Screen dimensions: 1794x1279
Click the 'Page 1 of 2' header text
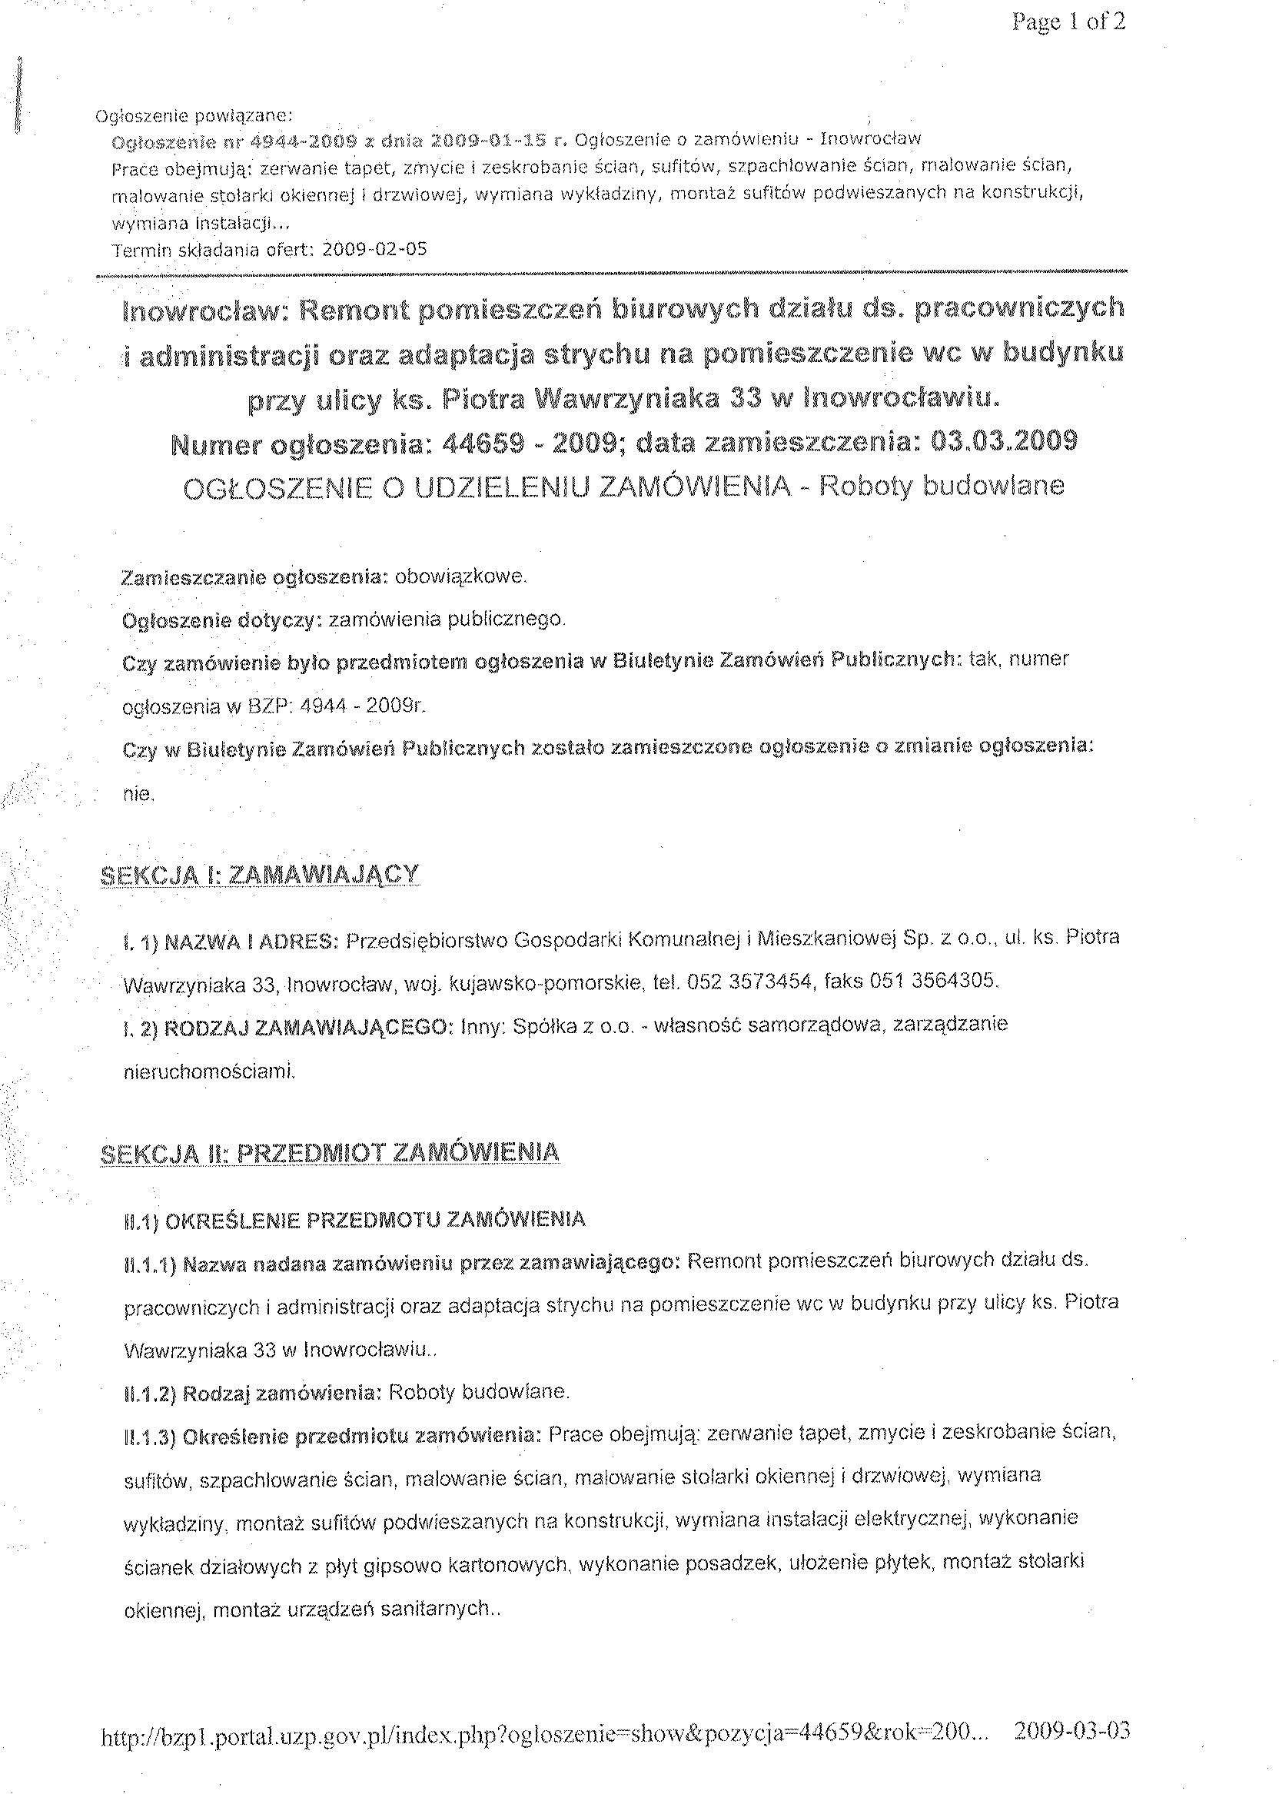[1068, 22]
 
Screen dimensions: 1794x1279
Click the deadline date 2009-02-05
[375, 250]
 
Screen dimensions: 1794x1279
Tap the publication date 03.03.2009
[1003, 440]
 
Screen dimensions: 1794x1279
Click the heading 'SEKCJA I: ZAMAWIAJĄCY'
[260, 875]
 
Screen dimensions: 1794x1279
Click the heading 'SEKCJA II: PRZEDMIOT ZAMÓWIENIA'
[330, 1153]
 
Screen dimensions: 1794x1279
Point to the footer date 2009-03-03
[1072, 1730]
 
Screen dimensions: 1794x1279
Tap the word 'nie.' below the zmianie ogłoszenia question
[138, 795]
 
